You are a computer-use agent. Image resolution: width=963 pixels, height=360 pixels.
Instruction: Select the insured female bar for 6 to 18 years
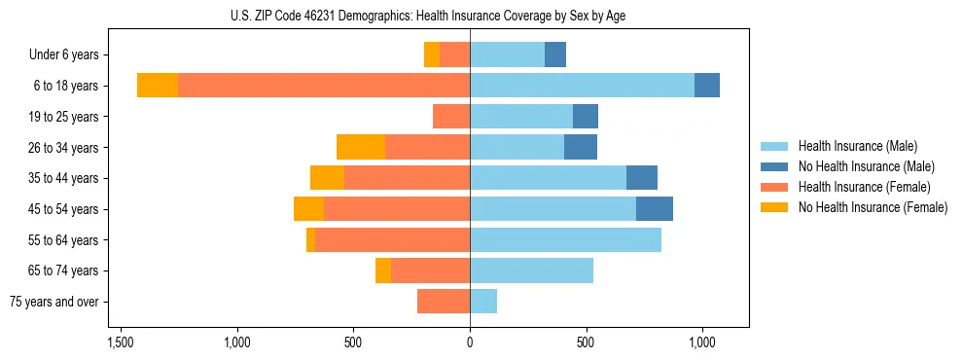click(x=324, y=86)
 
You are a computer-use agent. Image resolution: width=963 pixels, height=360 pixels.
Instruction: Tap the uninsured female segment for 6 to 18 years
click(x=158, y=86)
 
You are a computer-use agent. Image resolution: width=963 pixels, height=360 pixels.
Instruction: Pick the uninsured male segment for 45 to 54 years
click(x=655, y=209)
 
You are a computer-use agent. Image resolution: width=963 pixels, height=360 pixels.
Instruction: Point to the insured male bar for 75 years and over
click(x=483, y=302)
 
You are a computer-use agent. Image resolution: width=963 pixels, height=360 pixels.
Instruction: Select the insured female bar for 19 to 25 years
click(x=451, y=117)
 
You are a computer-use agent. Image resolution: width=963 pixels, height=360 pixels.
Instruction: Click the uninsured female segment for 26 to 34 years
click(x=361, y=147)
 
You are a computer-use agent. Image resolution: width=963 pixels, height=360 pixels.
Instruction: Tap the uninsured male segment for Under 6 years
click(x=555, y=54)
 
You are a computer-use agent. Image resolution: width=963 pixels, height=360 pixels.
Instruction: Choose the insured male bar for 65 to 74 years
click(x=531, y=270)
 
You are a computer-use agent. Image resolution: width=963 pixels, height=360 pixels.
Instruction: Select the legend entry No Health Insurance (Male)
click(x=866, y=166)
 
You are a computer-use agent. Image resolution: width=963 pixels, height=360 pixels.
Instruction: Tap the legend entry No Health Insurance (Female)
click(x=872, y=207)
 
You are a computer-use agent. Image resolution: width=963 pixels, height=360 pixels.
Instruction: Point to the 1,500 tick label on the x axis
click(x=121, y=343)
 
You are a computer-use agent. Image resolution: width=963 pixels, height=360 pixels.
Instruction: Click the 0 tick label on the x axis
click(x=470, y=343)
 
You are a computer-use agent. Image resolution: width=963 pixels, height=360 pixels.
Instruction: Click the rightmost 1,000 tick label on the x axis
click(x=702, y=343)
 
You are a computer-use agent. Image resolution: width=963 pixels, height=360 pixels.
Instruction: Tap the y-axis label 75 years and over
click(x=54, y=302)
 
